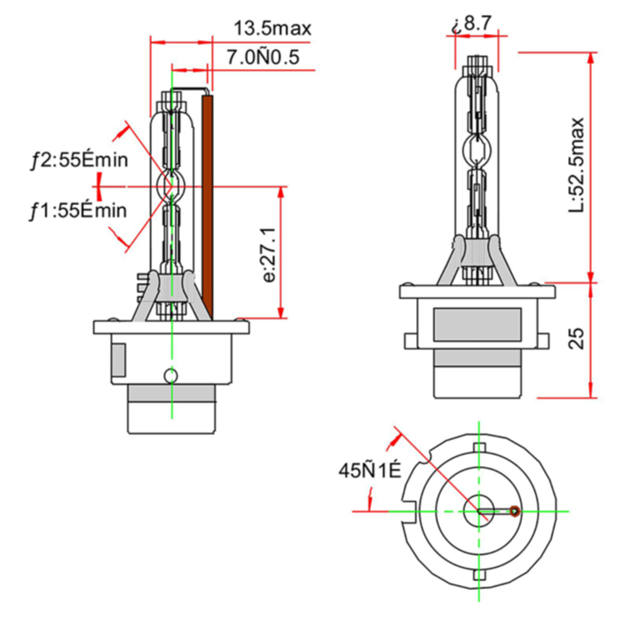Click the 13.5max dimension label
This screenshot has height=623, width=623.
(273, 29)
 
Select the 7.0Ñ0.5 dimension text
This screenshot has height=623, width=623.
(263, 57)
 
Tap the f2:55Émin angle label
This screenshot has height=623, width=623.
(80, 161)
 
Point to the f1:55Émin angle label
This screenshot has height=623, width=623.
(78, 211)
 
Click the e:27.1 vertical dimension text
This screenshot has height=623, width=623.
(269, 255)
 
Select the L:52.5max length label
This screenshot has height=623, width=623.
(576, 165)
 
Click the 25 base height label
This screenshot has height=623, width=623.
(576, 339)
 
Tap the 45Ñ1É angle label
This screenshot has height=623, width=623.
(370, 471)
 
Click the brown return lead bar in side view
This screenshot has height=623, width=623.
(207, 207)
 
